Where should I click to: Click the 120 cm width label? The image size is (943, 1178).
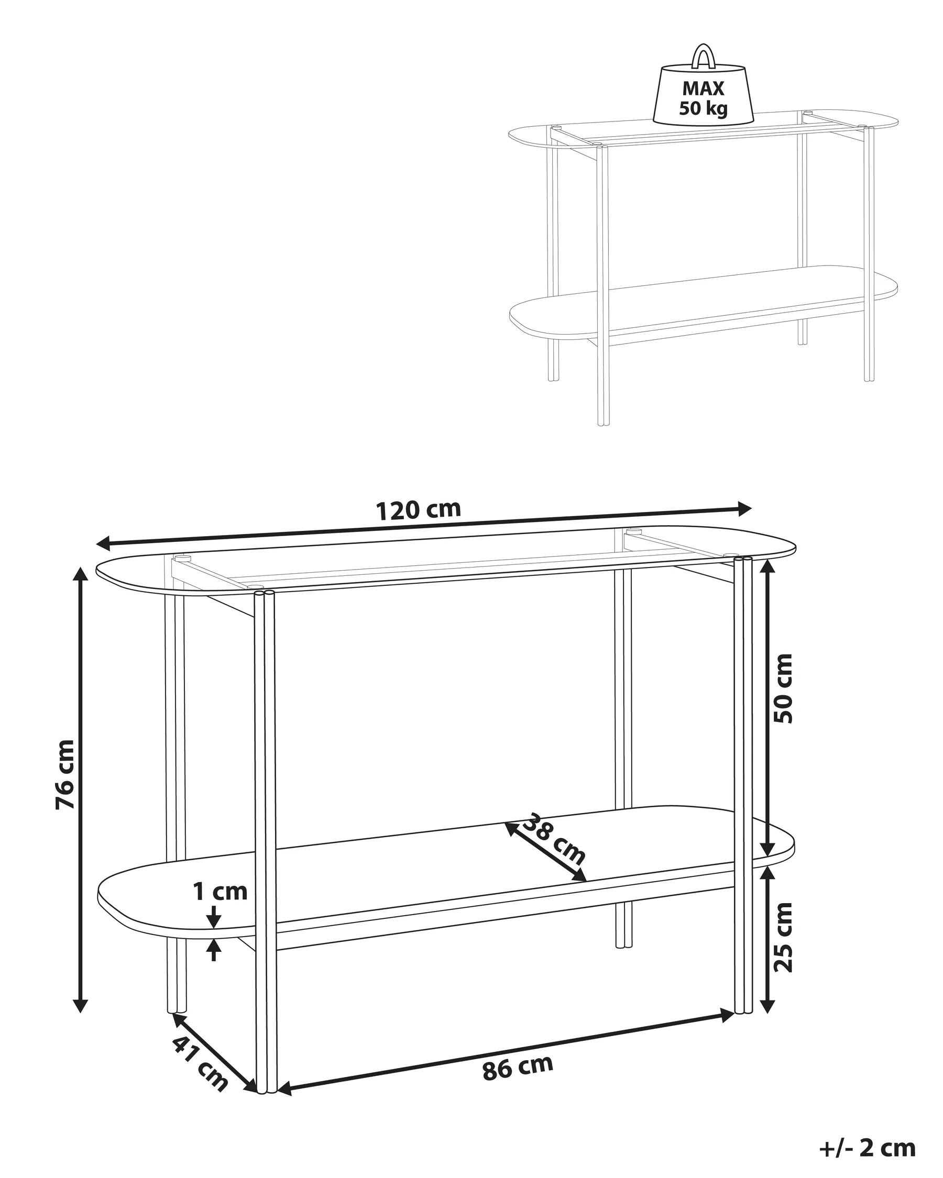(419, 510)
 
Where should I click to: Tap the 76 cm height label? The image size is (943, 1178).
(65, 774)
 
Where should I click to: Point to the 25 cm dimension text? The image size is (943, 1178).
(783, 937)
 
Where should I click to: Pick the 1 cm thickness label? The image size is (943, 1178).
(221, 892)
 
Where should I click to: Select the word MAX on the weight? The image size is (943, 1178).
(703, 88)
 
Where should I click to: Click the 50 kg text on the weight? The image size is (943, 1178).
(703, 108)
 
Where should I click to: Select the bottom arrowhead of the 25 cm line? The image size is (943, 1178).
(768, 1005)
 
